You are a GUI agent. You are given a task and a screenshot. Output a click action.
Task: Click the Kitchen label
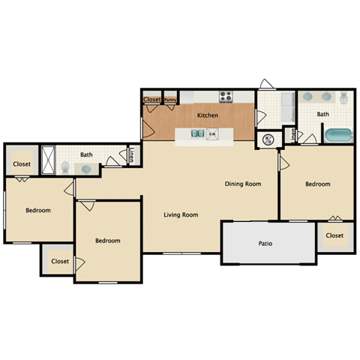[x=208, y=115]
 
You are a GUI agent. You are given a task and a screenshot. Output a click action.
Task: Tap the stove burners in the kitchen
[x=226, y=97]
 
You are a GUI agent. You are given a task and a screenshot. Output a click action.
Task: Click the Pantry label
[x=170, y=99]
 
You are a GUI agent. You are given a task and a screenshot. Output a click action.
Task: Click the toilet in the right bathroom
[x=343, y=98]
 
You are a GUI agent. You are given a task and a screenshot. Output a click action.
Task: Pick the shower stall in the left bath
[x=49, y=160]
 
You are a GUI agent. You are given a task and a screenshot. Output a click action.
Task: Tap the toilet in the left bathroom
[x=66, y=167]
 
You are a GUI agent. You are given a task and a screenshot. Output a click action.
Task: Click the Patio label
[x=265, y=243]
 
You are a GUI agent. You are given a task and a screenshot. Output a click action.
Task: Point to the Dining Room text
[x=243, y=184]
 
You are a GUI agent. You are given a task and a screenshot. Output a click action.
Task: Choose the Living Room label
[x=181, y=215]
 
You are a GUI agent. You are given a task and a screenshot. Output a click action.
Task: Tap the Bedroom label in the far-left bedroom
[x=38, y=211]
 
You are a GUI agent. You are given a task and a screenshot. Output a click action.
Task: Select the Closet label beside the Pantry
[x=151, y=99]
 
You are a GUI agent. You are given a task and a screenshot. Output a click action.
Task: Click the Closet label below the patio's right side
[x=334, y=235]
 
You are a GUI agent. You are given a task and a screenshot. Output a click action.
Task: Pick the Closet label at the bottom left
[x=59, y=261]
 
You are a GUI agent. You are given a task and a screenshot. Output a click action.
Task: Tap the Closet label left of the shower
[x=22, y=163]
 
